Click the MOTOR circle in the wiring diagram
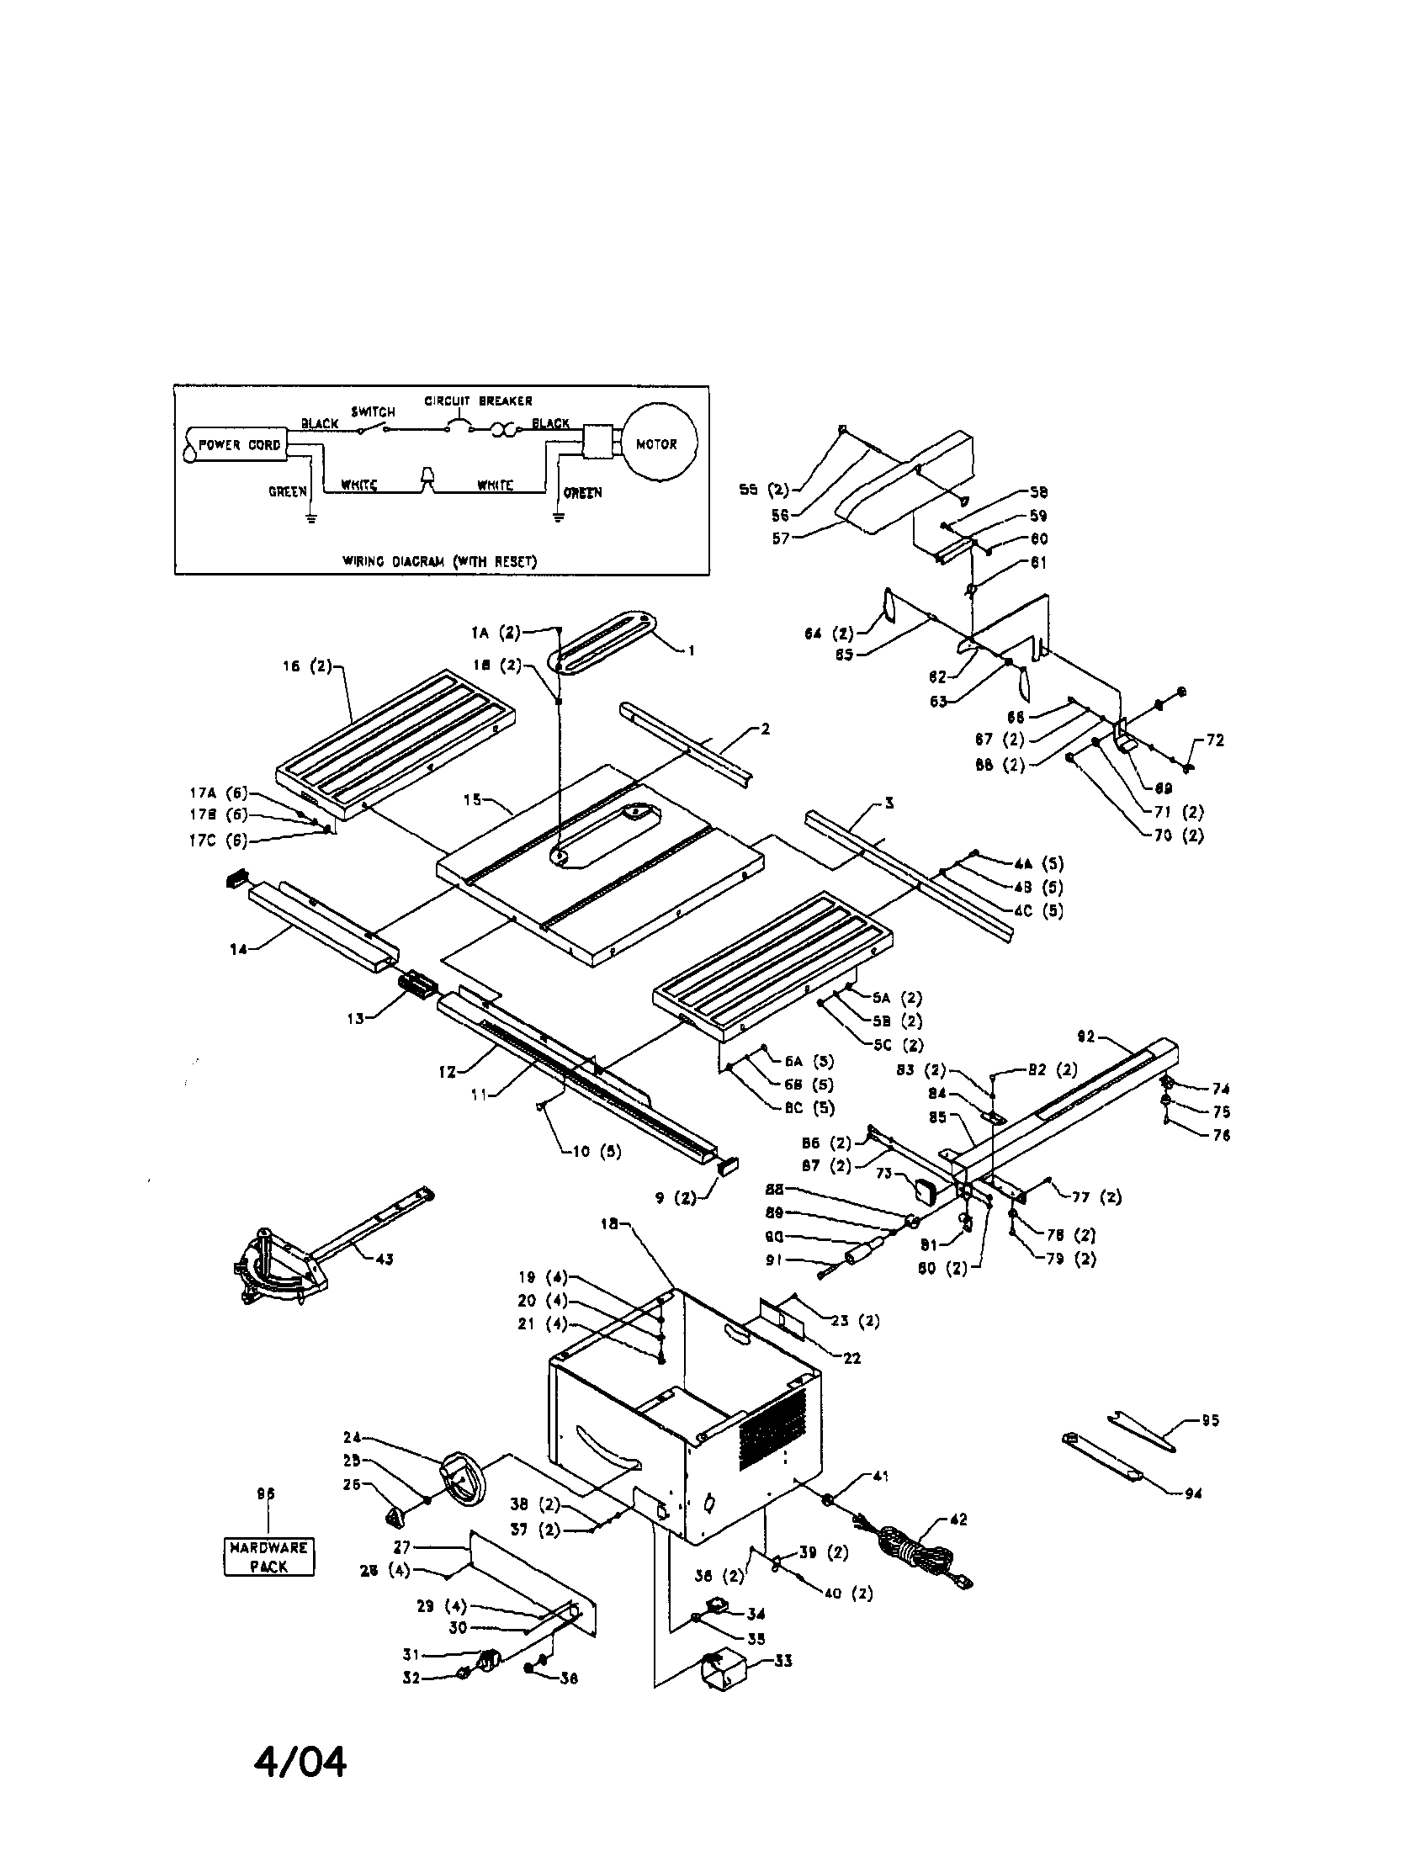click(x=657, y=444)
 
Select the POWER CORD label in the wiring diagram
click(x=239, y=445)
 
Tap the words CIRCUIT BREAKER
click(x=478, y=400)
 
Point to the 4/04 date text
click(x=300, y=1763)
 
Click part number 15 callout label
click(x=472, y=799)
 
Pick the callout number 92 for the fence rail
click(x=1086, y=1037)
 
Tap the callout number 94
click(x=1194, y=1493)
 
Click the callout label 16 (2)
click(x=308, y=666)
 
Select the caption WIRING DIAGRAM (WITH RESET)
click(x=440, y=560)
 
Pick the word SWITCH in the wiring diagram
click(x=373, y=411)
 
